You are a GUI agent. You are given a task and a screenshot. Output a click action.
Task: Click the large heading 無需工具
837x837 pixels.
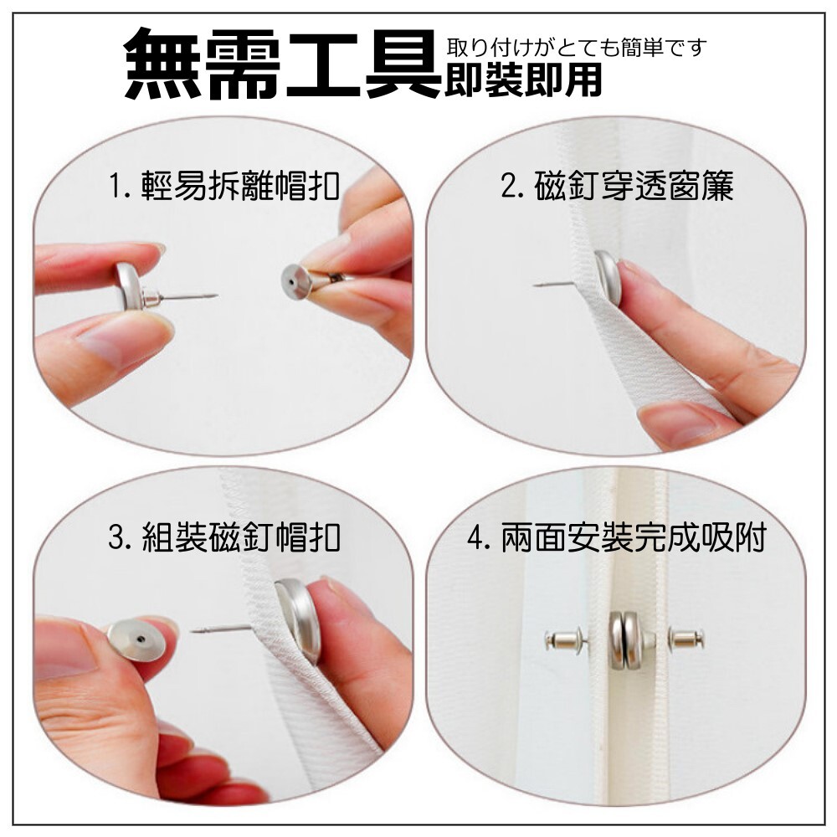(283, 64)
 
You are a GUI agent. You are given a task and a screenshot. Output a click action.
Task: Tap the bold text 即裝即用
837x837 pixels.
(524, 80)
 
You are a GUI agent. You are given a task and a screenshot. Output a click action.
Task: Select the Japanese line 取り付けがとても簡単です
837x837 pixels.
(577, 48)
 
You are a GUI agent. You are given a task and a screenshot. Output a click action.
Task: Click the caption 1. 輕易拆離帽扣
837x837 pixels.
(224, 186)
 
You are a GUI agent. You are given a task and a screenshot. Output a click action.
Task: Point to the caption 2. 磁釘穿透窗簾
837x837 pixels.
(617, 186)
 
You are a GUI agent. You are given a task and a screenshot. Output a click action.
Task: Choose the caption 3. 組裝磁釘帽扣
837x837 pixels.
(224, 537)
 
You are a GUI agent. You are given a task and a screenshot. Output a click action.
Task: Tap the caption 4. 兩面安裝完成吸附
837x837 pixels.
(617, 537)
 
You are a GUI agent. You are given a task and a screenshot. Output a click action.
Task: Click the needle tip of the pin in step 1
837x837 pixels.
(218, 295)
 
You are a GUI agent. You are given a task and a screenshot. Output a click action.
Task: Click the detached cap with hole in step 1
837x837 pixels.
(297, 281)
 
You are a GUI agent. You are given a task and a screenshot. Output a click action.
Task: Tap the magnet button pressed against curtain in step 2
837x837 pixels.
(608, 278)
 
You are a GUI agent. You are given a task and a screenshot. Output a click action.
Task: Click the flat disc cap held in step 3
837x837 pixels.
(136, 640)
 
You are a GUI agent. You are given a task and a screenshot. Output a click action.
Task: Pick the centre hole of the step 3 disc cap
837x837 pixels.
(140, 639)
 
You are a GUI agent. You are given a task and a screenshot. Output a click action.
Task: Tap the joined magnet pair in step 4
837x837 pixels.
(625, 640)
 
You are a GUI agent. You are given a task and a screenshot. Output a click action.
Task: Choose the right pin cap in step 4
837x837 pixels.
(686, 637)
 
